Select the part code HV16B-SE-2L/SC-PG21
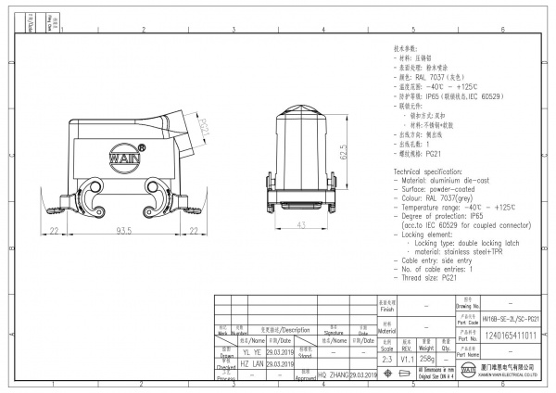click(x=511, y=318)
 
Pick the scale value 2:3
click(x=387, y=357)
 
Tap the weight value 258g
click(x=428, y=357)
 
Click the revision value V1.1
click(x=408, y=357)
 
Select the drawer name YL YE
click(x=251, y=353)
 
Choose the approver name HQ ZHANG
click(x=335, y=374)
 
